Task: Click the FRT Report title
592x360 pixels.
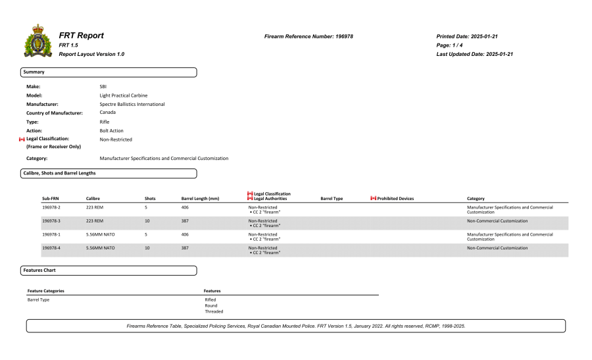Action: (82, 35)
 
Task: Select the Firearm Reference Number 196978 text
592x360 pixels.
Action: (308, 36)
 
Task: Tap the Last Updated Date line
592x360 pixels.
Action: (474, 54)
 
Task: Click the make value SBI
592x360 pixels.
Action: (103, 86)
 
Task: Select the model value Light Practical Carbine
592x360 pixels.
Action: (123, 95)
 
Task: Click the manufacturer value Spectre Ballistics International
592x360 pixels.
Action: (132, 104)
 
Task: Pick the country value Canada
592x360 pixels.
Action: (107, 112)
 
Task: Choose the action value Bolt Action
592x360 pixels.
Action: (111, 130)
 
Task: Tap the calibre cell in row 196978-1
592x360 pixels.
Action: (100, 234)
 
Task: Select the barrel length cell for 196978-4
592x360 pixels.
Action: (185, 248)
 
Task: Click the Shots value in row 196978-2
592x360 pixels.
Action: (145, 207)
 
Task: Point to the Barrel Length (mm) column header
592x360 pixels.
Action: (200, 198)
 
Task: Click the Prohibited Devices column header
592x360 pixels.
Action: (395, 198)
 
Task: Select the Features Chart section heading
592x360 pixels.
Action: (39, 270)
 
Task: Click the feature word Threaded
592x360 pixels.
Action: (213, 311)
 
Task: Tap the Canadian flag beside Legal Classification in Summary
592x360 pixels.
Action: (22, 140)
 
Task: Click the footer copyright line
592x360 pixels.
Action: (296, 326)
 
